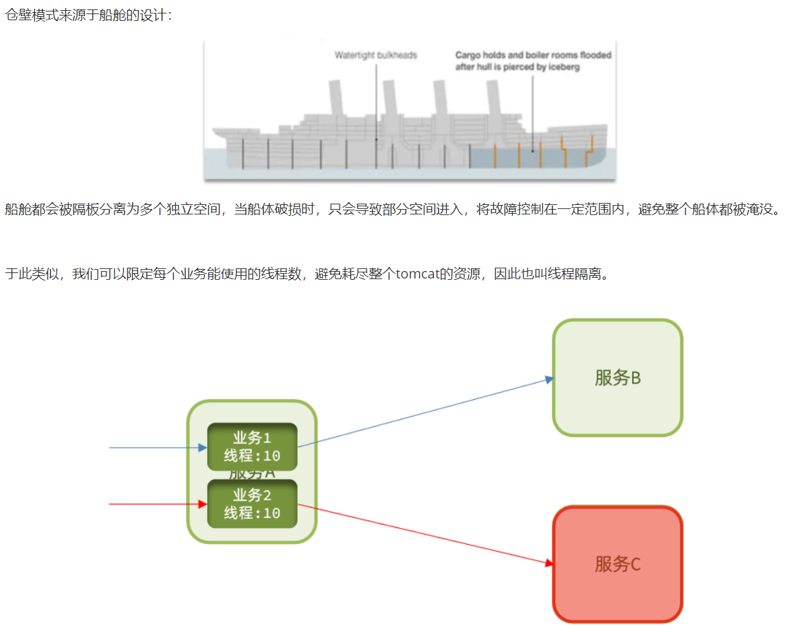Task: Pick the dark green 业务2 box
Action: point(252,504)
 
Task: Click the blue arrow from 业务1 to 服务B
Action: point(424,413)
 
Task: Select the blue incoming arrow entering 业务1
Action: point(155,447)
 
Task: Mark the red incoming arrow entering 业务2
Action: point(155,504)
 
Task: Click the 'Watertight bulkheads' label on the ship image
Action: point(376,55)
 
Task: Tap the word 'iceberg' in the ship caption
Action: point(565,67)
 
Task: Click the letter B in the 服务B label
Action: point(635,378)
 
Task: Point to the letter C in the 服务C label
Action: point(635,564)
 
